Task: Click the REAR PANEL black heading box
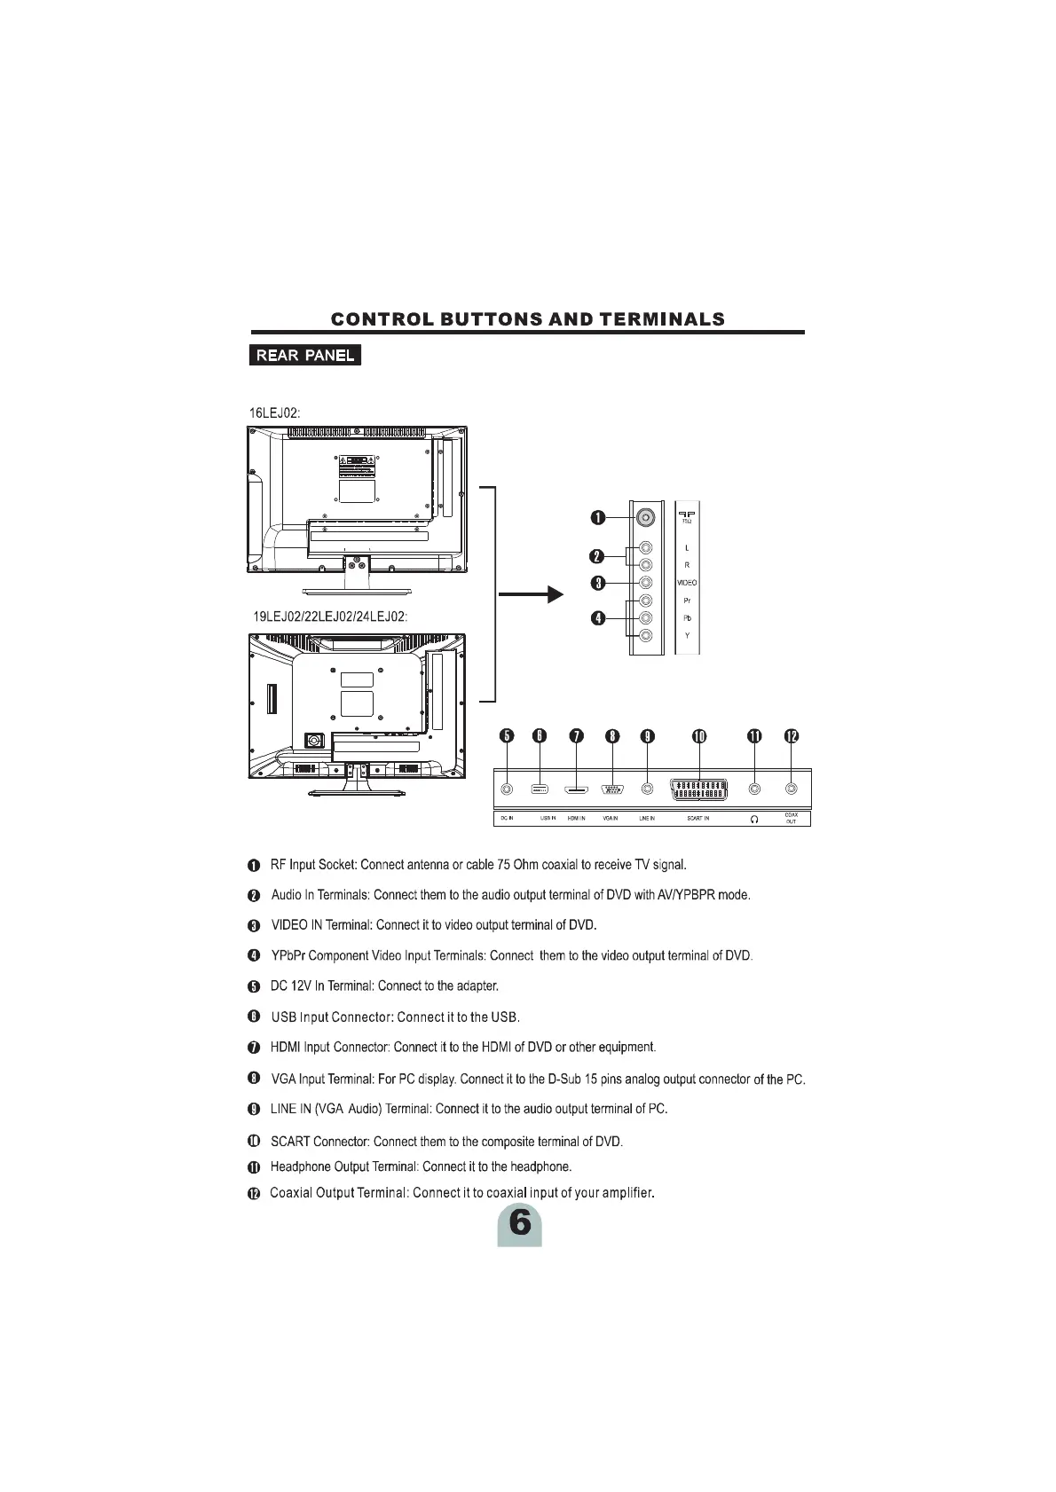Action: [304, 356]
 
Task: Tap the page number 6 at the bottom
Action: [519, 1224]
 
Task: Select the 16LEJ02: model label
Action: [274, 412]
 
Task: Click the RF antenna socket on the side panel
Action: [646, 517]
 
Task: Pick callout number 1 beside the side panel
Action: [598, 517]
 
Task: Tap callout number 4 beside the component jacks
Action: [598, 617]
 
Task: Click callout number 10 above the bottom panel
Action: [699, 735]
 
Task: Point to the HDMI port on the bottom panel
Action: [576, 789]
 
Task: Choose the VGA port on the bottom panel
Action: [611, 789]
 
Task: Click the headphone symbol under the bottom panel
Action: [754, 819]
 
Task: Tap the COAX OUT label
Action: [791, 818]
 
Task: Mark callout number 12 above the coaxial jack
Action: [791, 735]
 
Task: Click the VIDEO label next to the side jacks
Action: [687, 583]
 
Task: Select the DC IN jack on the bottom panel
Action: [506, 789]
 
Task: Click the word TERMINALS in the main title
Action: [662, 319]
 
